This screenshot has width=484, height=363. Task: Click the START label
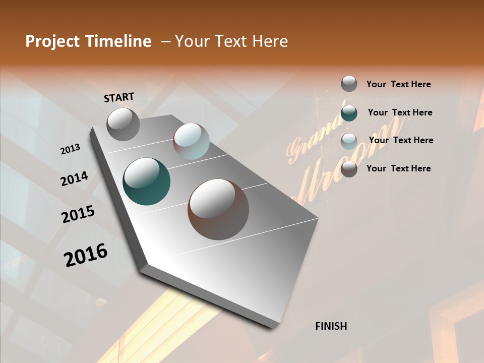coord(119,97)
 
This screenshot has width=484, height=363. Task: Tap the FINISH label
coord(331,326)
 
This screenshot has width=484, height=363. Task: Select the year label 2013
coord(70,149)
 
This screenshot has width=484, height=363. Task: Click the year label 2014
coord(74,178)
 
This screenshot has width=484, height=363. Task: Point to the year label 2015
coord(78,214)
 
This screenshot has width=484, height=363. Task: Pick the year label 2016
coord(86,255)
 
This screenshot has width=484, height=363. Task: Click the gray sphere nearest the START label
coord(123,124)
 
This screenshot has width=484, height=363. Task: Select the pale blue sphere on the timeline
coord(191,141)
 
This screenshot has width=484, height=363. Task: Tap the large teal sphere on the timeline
coord(146,181)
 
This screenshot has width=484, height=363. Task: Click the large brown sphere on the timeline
coord(218,209)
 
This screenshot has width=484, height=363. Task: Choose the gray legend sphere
coord(349,84)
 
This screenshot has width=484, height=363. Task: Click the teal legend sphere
coord(349,113)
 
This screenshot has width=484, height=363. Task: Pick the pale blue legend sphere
coord(349,141)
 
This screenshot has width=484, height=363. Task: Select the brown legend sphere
coord(349,169)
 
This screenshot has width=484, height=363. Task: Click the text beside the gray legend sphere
coord(398,84)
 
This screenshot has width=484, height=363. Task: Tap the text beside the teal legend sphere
coord(400,112)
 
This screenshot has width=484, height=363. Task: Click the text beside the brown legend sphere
coord(398,168)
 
